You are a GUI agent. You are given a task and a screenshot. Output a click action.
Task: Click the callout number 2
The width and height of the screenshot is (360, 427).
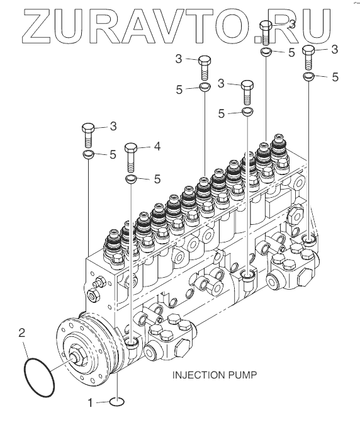click(22, 333)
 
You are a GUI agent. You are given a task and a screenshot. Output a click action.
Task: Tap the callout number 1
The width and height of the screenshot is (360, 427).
click(91, 403)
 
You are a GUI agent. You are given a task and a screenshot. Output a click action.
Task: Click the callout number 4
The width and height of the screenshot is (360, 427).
click(157, 147)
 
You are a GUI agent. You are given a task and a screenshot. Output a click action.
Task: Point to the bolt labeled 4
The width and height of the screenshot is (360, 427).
click(131, 157)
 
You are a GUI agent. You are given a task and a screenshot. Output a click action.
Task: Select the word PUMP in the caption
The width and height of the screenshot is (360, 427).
click(242, 375)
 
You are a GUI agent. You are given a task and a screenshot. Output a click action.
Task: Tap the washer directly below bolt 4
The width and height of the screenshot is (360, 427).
click(131, 179)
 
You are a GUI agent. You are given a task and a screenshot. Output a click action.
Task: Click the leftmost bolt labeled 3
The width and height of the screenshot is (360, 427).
click(89, 135)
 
